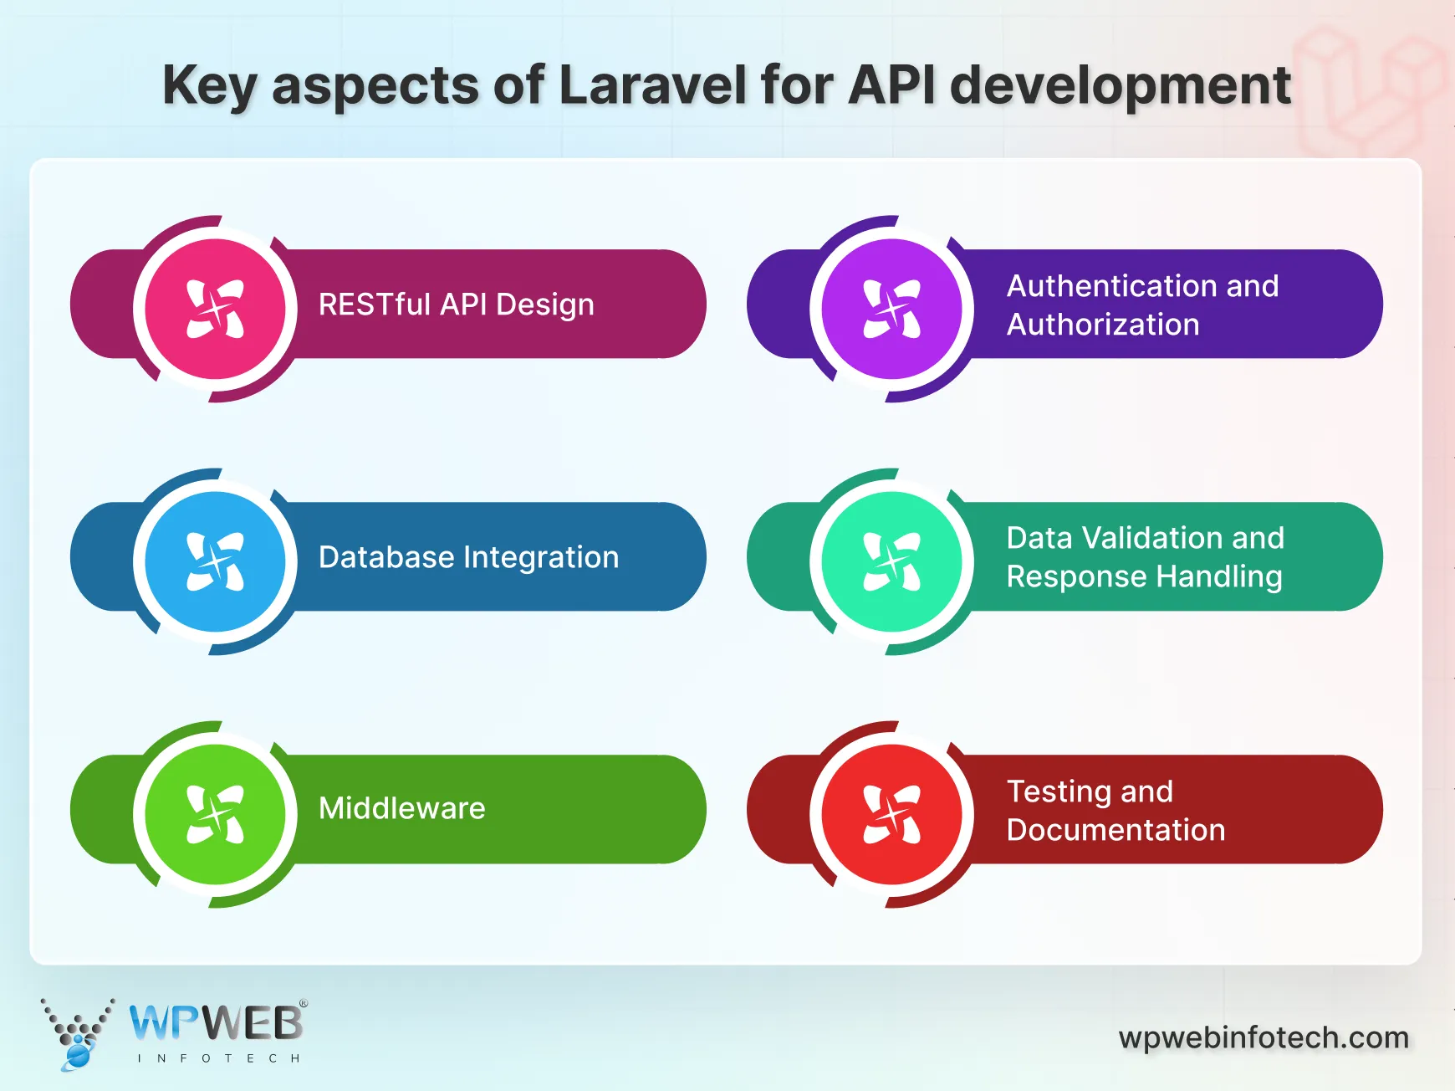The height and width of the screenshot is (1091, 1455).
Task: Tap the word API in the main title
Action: tap(891, 85)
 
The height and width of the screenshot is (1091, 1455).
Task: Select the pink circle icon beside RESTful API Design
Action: tap(216, 309)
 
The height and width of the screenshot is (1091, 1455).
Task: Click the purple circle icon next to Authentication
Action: tap(892, 309)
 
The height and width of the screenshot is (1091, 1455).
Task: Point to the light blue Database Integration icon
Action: tap(216, 561)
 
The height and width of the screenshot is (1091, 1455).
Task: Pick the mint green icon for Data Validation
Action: tap(892, 561)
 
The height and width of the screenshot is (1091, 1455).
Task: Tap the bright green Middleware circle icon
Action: tap(216, 814)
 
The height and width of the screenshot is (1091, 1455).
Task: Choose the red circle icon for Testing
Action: tap(892, 814)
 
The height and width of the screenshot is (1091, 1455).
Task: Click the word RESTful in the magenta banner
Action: tap(374, 305)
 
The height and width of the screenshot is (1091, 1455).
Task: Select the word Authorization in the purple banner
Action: tap(1103, 325)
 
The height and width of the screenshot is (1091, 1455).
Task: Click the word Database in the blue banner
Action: tap(386, 557)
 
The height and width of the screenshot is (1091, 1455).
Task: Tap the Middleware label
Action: tap(401, 808)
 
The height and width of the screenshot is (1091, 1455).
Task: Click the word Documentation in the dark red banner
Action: tap(1115, 830)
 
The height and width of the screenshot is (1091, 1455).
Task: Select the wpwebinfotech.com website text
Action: tap(1264, 1037)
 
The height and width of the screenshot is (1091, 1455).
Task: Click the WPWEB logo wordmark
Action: tap(216, 1022)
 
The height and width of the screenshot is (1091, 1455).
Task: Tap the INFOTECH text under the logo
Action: tap(218, 1058)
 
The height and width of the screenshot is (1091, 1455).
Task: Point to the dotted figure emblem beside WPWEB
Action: tap(77, 1034)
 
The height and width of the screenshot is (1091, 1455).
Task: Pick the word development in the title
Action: tap(1121, 85)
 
